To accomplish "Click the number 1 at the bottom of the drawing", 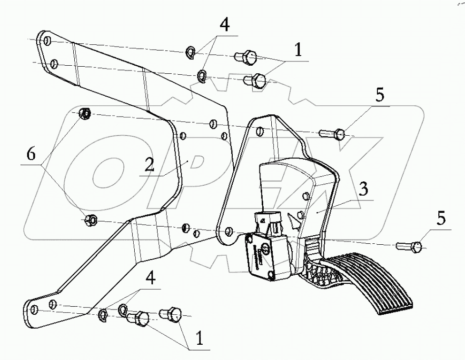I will click(199, 338).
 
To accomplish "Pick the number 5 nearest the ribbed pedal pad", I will click(441, 219).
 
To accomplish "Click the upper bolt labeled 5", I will click(335, 134).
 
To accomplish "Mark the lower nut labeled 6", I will click(90, 220).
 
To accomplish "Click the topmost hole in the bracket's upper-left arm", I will click(46, 41).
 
